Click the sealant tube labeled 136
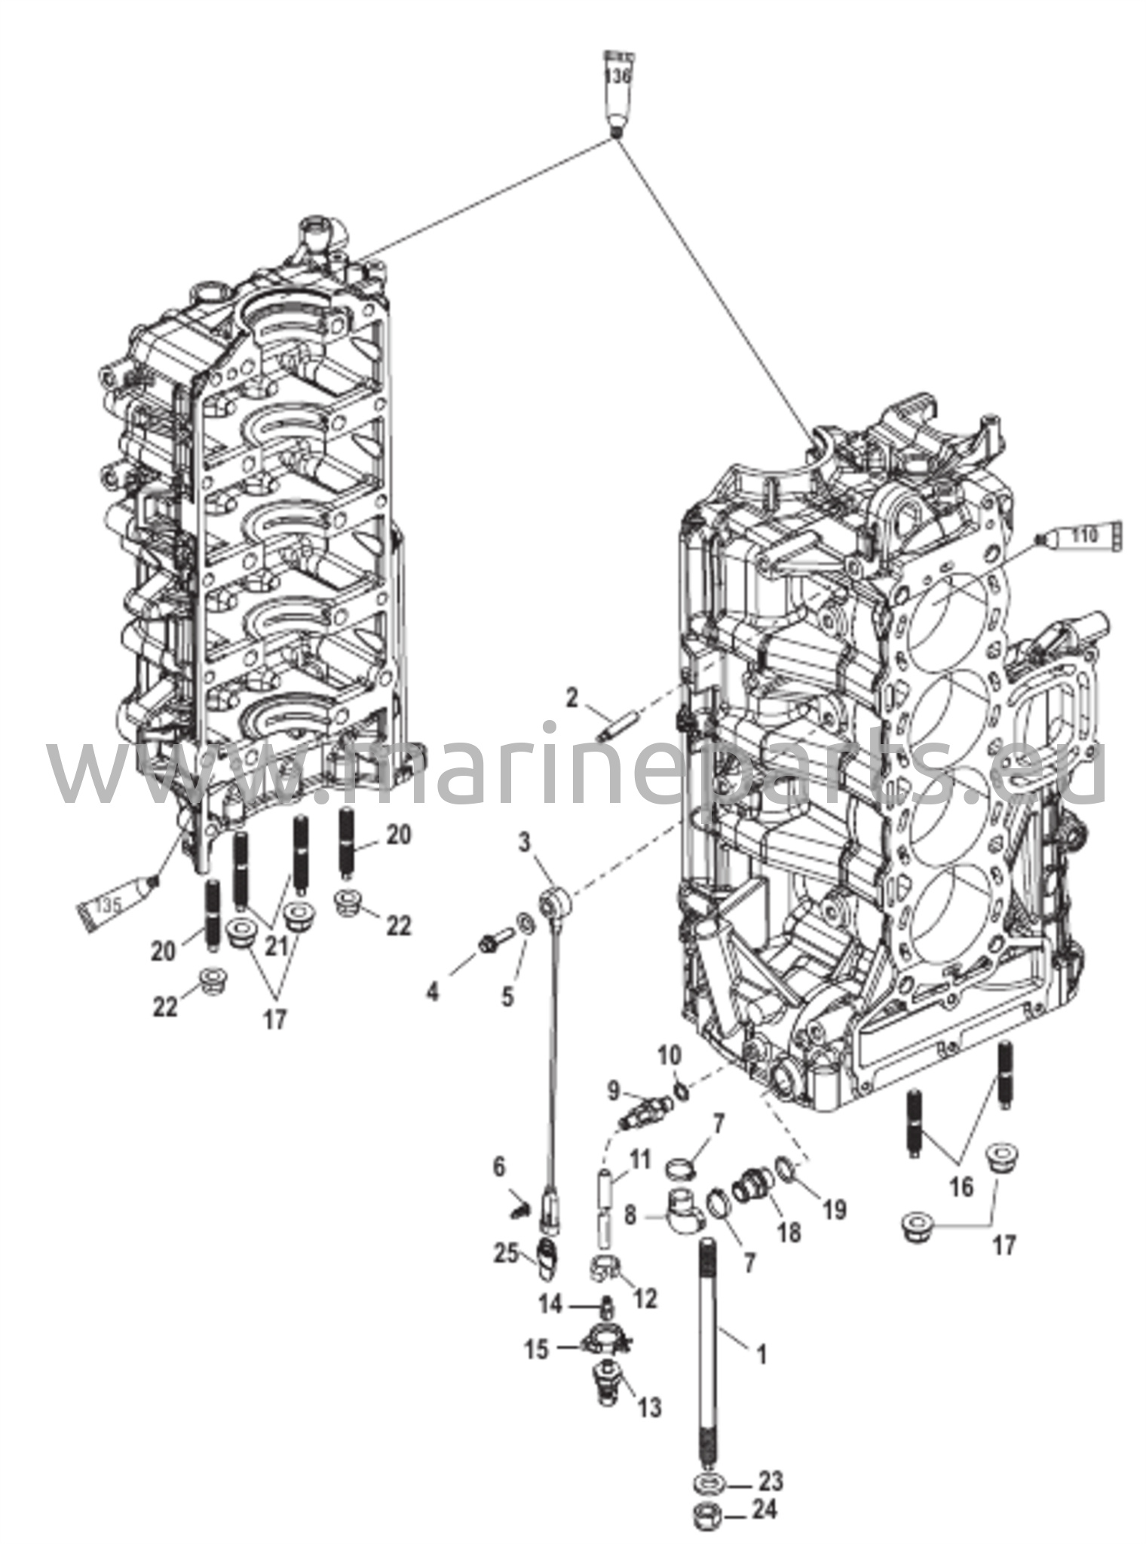tap(616, 90)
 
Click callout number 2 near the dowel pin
tap(571, 698)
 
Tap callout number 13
tap(649, 1406)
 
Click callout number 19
tap(835, 1210)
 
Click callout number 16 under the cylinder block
tap(961, 1187)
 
